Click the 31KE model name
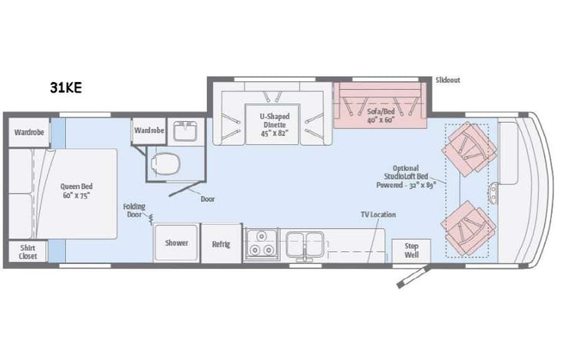(x=63, y=88)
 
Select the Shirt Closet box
(x=28, y=252)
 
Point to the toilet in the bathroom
(x=165, y=163)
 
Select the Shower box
(x=176, y=243)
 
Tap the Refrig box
(x=222, y=244)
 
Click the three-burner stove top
(x=259, y=244)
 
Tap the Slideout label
(x=448, y=80)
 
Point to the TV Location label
(x=378, y=214)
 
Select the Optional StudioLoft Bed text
(x=406, y=176)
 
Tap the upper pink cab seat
(x=470, y=148)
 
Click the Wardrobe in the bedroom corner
(x=28, y=132)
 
